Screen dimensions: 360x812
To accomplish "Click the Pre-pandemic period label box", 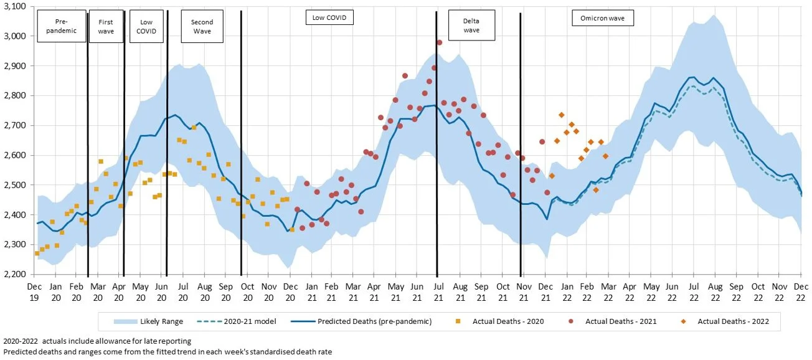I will pyautogui.click(x=62, y=26).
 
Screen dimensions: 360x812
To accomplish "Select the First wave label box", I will pyautogui.click(x=106, y=26).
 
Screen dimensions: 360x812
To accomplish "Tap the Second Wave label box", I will pyautogui.click(x=202, y=26).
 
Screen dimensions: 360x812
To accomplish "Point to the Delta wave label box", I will pyautogui.click(x=471, y=26).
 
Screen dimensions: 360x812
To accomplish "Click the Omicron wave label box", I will pyautogui.click(x=602, y=19).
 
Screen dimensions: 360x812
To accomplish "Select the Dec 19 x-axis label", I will pyautogui.click(x=35, y=291).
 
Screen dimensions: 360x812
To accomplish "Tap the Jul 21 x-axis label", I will pyautogui.click(x=438, y=291).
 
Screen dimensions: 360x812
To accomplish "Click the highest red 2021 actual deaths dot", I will pyautogui.click(x=439, y=42).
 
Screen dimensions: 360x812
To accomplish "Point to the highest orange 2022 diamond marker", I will pyautogui.click(x=562, y=115).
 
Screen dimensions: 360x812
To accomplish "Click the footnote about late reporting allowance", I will pyautogui.click(x=97, y=341).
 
